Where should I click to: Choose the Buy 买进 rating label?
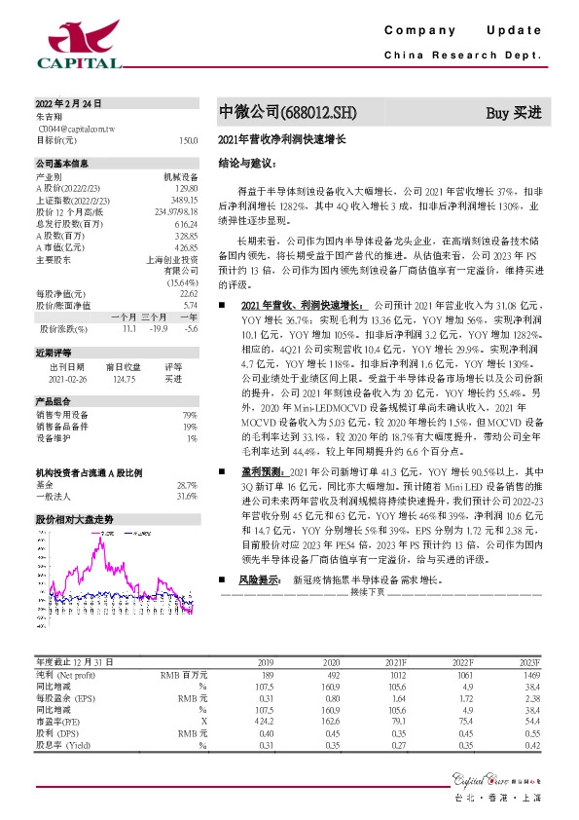pyautogui.click(x=513, y=113)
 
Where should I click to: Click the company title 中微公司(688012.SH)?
pyautogui.click(x=271, y=113)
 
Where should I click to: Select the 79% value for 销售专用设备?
pyautogui.click(x=190, y=416)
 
